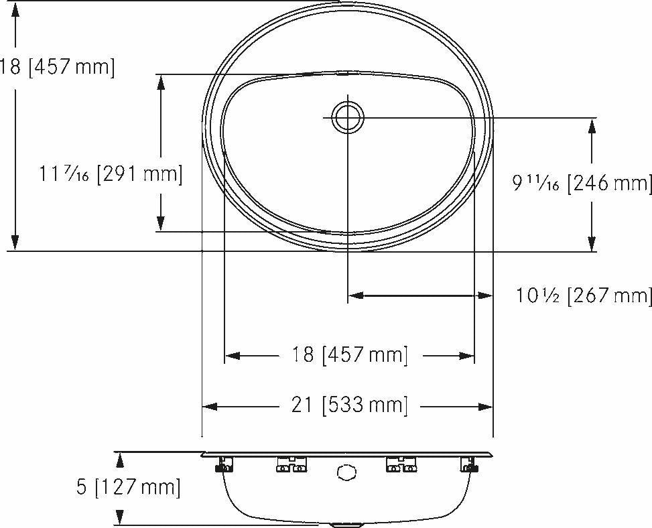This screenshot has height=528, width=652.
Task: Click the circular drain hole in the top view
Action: coord(348,117)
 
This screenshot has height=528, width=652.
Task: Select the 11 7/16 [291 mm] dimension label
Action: coord(111,175)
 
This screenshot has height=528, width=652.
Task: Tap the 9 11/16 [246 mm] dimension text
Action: coord(582,183)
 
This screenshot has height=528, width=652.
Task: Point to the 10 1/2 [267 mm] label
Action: coord(584,295)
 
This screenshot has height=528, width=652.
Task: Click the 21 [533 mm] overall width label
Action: coord(349,405)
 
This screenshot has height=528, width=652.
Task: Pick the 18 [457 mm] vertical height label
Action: coord(57,67)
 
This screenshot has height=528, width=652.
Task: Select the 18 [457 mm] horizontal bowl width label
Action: coord(349,354)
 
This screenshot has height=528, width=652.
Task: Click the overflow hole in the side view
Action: coord(345,473)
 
